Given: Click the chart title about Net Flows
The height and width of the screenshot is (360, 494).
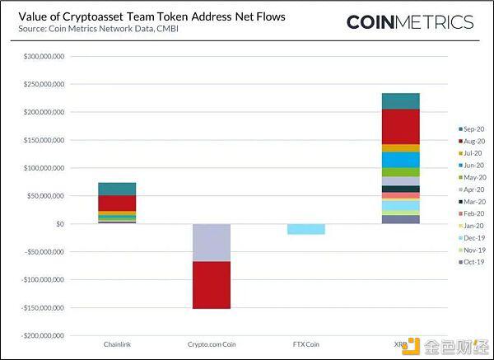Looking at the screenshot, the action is tap(151, 16).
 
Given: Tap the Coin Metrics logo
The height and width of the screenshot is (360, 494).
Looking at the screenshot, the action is tap(410, 22).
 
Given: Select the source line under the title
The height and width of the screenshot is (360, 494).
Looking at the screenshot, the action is tap(98, 29).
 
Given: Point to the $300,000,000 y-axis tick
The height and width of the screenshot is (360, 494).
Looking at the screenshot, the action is tap(44, 56).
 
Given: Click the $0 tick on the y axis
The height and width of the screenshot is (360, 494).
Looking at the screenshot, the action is tap(60, 224).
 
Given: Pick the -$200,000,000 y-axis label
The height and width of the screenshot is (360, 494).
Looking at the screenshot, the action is tap(43, 336).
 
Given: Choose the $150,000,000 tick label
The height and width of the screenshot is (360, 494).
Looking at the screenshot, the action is tap(44, 140).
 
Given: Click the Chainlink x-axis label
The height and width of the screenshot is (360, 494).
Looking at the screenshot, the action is tap(117, 344).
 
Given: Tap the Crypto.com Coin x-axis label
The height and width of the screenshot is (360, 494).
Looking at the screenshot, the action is tap(212, 344).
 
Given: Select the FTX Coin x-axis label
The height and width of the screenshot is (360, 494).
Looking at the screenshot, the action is tap(306, 344).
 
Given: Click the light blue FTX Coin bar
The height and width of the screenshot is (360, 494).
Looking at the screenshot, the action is tap(306, 229).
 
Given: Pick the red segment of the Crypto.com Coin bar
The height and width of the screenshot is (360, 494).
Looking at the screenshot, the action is tap(212, 285).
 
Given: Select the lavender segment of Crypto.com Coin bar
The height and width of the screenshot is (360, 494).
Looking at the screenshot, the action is tap(212, 243).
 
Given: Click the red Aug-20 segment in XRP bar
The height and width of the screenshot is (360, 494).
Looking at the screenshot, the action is tap(401, 127).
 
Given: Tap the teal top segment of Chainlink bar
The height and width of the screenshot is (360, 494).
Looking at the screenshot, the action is tap(117, 189).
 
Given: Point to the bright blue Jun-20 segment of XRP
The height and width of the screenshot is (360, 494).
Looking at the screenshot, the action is tap(401, 160).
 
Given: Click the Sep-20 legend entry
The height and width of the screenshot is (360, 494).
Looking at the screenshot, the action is tap(471, 129).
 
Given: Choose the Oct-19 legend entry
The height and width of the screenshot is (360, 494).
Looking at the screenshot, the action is tap(471, 262).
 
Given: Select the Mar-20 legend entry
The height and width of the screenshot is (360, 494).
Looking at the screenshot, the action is tap(472, 202).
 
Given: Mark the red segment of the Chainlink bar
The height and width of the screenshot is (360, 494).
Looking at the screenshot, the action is tap(117, 203).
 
